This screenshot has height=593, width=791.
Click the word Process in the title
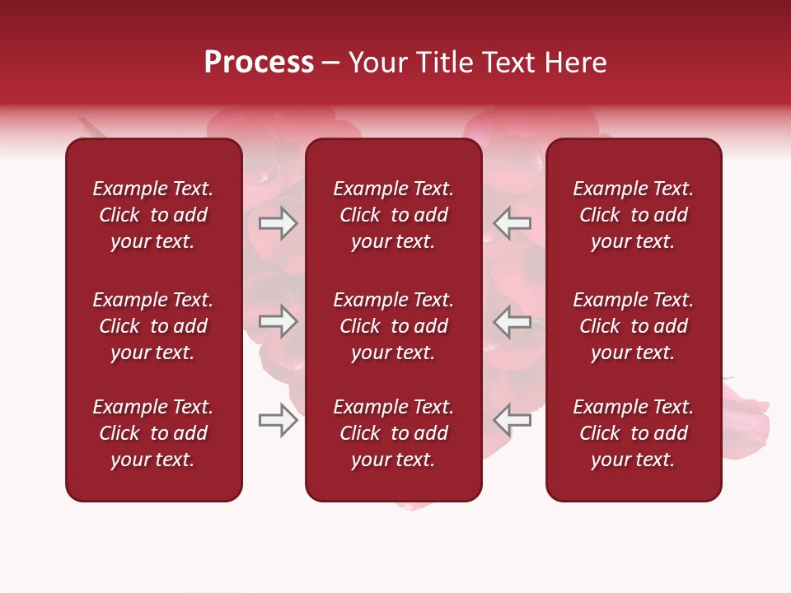click(x=259, y=63)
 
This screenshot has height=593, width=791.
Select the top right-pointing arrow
click(x=278, y=223)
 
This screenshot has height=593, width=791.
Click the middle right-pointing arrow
click(x=278, y=321)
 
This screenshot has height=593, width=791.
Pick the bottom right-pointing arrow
click(x=278, y=420)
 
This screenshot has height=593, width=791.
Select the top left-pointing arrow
click(x=512, y=223)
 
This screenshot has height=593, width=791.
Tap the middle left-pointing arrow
click(x=512, y=321)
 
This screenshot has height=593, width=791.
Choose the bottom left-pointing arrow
click(x=512, y=420)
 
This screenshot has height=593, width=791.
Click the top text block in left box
click(x=153, y=215)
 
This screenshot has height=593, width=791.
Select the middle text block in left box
click(x=153, y=326)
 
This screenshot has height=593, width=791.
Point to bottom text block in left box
click(x=153, y=433)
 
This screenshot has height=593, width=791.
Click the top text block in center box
click(x=393, y=215)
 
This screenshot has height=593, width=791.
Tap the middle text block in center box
click(x=393, y=326)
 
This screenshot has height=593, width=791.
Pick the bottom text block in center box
click(x=393, y=433)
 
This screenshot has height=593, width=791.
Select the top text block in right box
click(x=633, y=215)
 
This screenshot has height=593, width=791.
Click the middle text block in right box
click(x=633, y=326)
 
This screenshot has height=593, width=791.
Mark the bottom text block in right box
click(x=633, y=433)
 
